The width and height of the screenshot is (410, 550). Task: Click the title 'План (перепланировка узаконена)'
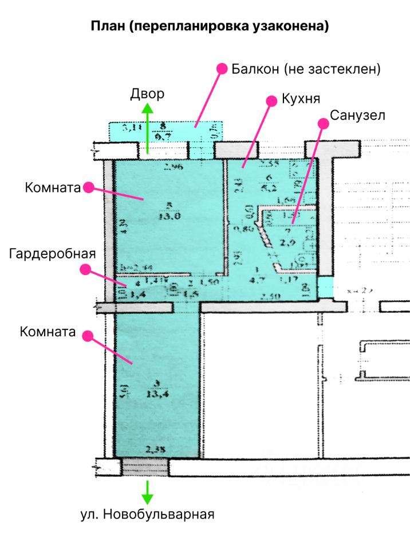point(210,26)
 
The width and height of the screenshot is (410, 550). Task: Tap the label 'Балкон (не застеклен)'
point(306,69)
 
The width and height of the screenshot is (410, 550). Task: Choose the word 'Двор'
point(147,93)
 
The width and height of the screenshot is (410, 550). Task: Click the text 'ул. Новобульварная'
point(147,514)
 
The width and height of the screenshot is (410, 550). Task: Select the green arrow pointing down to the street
point(147,491)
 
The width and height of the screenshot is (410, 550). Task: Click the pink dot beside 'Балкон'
point(220,68)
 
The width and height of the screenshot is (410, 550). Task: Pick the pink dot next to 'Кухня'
point(271,100)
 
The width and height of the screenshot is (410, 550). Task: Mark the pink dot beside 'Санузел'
point(324,123)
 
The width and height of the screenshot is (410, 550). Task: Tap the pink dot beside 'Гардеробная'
point(85,268)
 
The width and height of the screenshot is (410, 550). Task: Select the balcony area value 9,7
point(164,137)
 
